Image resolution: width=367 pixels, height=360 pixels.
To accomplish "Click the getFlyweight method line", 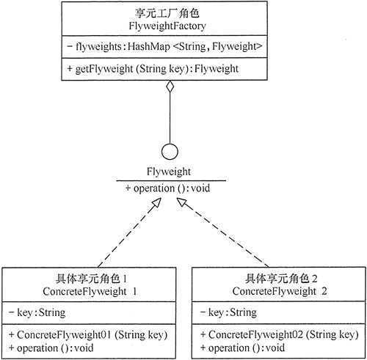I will tap(158, 69).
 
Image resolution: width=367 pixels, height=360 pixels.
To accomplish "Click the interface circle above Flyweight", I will tap(170, 153).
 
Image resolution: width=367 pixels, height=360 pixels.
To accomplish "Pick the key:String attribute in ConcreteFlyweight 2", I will tap(227, 312).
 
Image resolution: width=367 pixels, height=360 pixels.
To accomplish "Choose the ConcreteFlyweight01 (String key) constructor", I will tap(87, 334).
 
